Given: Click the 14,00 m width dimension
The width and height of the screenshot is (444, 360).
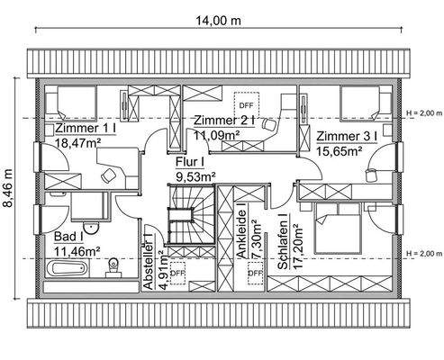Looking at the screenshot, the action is [x=218, y=21].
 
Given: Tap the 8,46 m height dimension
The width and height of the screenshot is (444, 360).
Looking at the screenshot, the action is [x=8, y=188].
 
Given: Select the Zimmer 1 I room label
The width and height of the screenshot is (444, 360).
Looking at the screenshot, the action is [x=86, y=128].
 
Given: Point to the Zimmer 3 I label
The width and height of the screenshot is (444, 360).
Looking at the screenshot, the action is [x=347, y=136].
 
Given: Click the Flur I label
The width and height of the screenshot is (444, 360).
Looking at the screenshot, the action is [x=190, y=162].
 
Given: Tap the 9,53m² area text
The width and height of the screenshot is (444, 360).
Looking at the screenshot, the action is [x=195, y=176].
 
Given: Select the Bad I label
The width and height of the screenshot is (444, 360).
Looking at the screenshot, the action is [x=68, y=237].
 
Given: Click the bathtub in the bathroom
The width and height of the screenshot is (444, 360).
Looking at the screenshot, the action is [x=67, y=268].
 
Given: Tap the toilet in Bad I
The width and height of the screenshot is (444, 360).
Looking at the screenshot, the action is [x=113, y=266].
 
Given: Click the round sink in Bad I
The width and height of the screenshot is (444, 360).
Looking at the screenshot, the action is [x=90, y=229].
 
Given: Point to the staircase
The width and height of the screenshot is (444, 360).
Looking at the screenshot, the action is [x=191, y=215].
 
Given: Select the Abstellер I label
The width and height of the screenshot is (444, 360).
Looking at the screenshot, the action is [x=150, y=262].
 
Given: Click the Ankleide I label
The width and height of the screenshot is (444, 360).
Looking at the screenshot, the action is [x=242, y=230].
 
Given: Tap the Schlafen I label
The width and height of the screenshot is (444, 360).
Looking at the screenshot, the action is [x=283, y=241].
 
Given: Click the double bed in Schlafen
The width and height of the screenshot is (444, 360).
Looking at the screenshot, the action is [x=337, y=229].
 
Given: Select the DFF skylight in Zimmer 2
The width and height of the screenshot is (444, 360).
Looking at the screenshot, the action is [x=246, y=105].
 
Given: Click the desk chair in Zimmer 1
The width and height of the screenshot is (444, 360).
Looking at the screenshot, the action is [x=108, y=175].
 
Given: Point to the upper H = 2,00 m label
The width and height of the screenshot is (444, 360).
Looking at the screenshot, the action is [x=424, y=113].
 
